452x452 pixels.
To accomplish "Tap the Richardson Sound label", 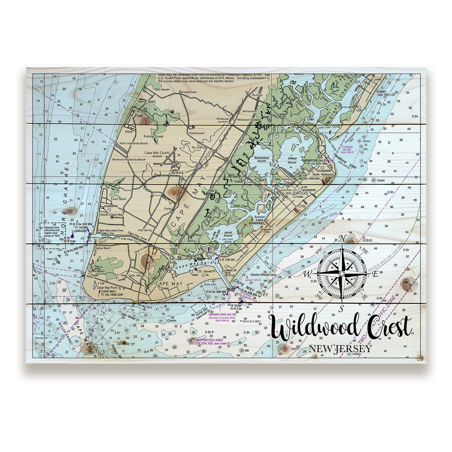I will coord(260,159).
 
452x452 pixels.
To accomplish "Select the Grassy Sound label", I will coord(292,160).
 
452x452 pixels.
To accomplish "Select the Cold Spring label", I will coord(145,230).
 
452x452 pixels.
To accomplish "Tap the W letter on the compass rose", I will coord(308,273).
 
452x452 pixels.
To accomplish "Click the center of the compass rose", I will coord(342,272).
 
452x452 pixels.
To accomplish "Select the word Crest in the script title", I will coord(389,327).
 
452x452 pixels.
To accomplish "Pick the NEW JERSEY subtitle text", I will coord(340,349).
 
